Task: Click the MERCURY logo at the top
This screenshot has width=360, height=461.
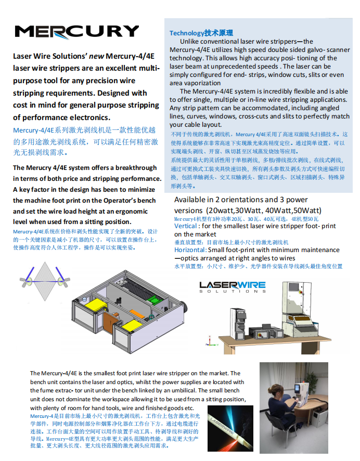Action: (x=76, y=32)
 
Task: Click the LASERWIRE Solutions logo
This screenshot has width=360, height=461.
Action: (x=233, y=287)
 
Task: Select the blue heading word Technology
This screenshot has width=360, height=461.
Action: (x=187, y=33)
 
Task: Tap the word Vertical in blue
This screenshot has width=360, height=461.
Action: (x=186, y=226)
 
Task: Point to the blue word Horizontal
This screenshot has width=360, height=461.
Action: (x=190, y=250)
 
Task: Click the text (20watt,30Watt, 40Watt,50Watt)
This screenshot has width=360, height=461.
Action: (x=264, y=210)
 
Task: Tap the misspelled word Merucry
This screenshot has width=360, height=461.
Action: (x=45, y=168)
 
